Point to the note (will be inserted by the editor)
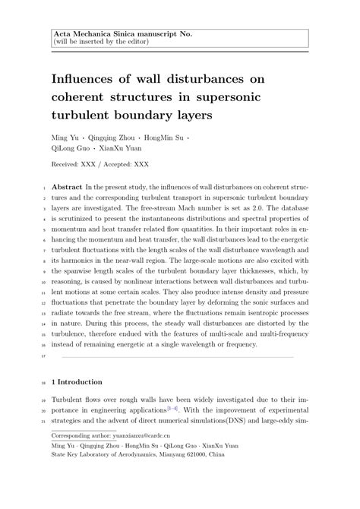point(100,43)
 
